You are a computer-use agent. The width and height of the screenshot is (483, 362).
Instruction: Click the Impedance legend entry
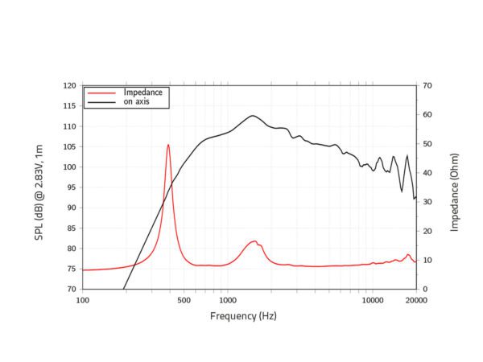[x=142, y=93]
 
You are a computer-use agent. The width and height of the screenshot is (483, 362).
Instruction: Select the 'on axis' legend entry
[x=136, y=102]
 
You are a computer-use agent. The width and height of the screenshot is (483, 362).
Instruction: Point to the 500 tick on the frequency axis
[x=184, y=301]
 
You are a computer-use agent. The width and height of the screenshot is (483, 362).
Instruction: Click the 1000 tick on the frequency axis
[x=226, y=301]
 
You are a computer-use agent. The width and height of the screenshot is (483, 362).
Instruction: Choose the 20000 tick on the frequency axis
[x=415, y=301]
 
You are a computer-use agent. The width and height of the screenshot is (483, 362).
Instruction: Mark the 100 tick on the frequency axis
[x=83, y=301]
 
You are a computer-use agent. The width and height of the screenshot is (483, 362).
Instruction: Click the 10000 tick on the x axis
[x=372, y=301]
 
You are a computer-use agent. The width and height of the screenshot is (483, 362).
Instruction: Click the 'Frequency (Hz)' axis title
[x=243, y=316]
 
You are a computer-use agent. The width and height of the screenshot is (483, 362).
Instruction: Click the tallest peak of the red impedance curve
[x=168, y=145]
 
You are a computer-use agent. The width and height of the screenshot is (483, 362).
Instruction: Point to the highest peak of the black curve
[x=253, y=116]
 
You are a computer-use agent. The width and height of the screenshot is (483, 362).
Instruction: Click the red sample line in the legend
[x=102, y=93]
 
